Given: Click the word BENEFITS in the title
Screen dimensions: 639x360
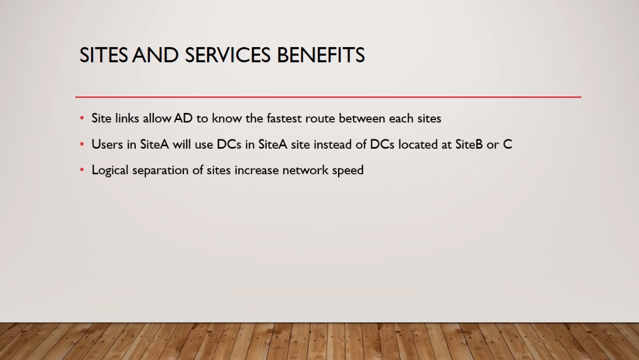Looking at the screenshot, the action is [x=321, y=55].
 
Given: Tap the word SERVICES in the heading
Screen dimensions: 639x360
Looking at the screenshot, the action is [x=228, y=55].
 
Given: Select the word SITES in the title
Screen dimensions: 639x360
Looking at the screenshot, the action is [x=103, y=55].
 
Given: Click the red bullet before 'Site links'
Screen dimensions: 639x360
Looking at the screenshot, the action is [x=82, y=118].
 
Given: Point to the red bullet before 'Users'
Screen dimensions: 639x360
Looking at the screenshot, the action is [x=82, y=144].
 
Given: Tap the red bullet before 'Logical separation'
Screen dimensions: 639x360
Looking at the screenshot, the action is [x=82, y=170].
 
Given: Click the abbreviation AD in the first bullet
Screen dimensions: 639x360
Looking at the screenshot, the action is [x=183, y=118].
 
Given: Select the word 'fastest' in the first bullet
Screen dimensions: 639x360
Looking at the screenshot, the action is [x=284, y=118].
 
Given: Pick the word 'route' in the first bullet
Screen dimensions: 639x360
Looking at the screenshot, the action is [x=320, y=119].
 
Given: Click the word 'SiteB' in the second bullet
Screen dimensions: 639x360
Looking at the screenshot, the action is [x=469, y=144].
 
